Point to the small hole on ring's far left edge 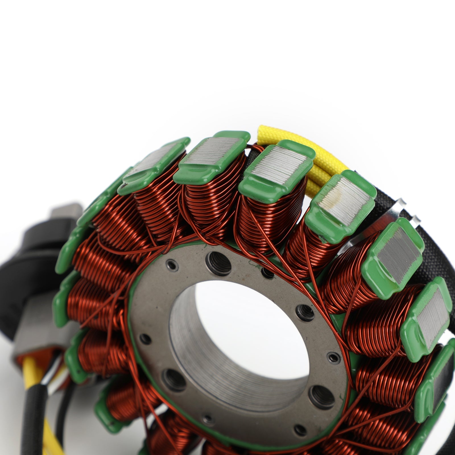click(x=146, y=338)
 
